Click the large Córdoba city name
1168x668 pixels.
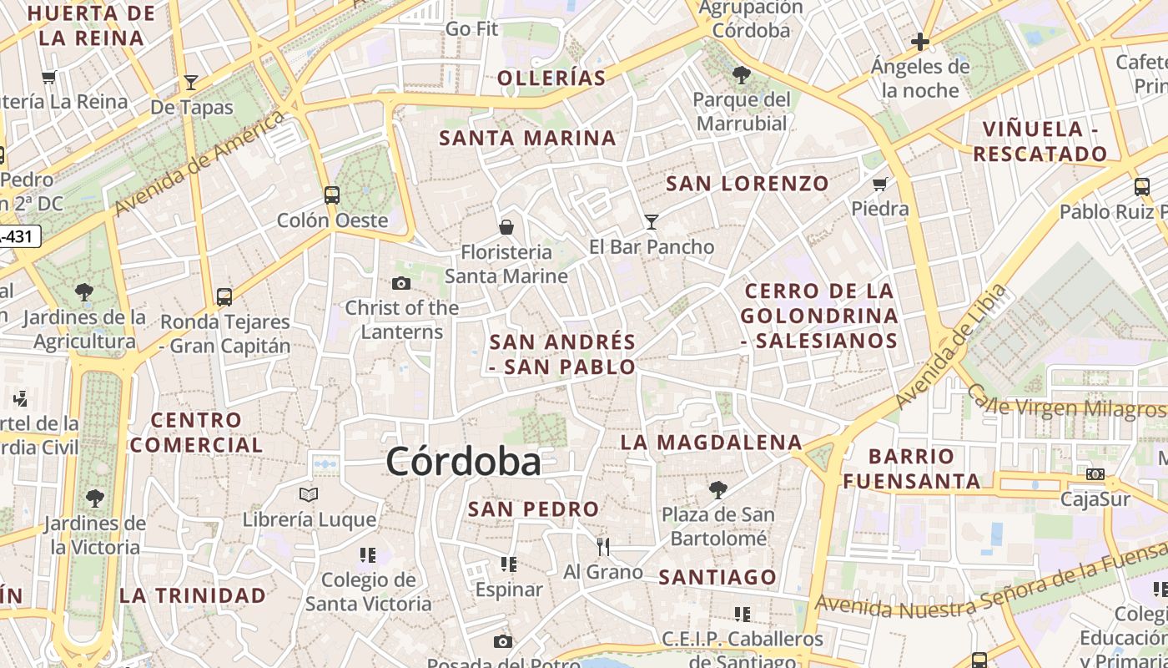[x=463, y=462]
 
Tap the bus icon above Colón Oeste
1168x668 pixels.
[x=332, y=195]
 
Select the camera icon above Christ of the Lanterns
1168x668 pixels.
[x=401, y=284]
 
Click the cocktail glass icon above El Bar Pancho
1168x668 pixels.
[x=652, y=221]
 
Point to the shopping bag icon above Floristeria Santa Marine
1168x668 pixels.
[x=506, y=227]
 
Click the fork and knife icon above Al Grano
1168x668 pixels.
[x=603, y=547]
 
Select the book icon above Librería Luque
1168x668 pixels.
[x=309, y=494]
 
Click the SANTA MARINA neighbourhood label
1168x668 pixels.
[x=528, y=139]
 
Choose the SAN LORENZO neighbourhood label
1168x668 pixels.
[x=748, y=184]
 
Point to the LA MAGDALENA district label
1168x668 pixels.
[x=711, y=443]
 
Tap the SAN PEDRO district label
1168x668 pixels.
[x=533, y=509]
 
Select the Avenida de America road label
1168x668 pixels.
[x=200, y=163]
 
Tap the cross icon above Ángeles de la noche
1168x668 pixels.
[x=920, y=41]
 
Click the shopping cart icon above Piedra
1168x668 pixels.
[x=879, y=184]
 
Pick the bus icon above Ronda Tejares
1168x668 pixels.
[x=224, y=296]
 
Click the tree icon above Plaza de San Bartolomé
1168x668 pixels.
[x=717, y=489]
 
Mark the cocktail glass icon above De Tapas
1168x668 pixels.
[x=191, y=82]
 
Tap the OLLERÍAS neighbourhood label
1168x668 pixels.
[x=551, y=78]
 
